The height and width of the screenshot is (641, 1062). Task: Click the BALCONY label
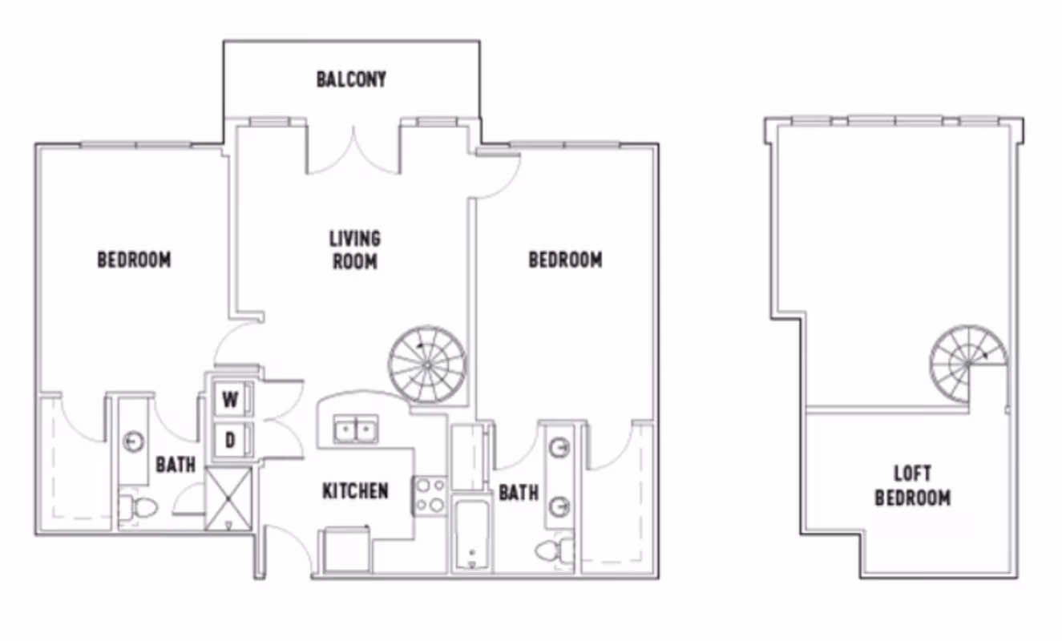[351, 79]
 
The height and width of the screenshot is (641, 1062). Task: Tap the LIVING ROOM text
[354, 250]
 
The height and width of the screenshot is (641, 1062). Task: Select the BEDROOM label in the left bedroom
[134, 260]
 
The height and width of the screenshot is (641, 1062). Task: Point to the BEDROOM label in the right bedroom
[565, 260]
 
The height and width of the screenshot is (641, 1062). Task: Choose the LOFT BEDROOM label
[912, 486]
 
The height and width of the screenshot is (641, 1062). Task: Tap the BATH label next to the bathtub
[519, 493]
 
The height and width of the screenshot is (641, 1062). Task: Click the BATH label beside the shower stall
[176, 465]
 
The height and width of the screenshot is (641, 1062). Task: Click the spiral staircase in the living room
[427, 364]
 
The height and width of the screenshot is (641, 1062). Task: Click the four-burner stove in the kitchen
[430, 494]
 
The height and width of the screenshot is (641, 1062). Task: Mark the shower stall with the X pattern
[228, 498]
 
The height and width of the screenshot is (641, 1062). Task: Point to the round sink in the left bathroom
[134, 441]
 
